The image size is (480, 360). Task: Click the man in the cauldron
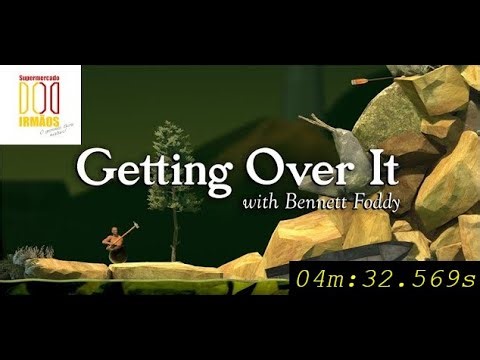pyautogui.click(x=115, y=244)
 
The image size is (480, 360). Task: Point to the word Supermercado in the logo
pyautogui.click(x=41, y=76)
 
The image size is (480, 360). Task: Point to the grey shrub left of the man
pyautogui.click(x=15, y=265)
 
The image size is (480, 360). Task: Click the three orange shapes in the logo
pyautogui.click(x=39, y=97)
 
